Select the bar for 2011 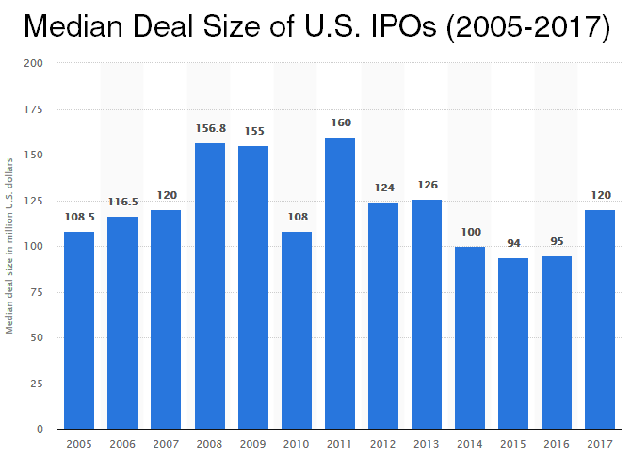click(340, 283)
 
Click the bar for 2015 click(513, 343)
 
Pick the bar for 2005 click(80, 330)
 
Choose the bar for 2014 click(470, 337)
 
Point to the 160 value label click(340, 123)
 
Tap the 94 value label click(513, 244)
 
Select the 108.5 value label click(80, 218)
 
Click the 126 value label click(427, 185)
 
